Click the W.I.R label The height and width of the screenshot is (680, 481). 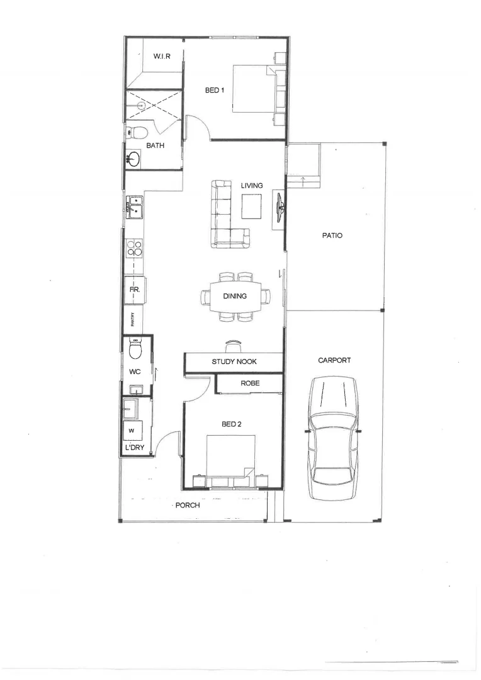click(x=162, y=57)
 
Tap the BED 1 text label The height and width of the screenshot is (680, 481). click(x=215, y=91)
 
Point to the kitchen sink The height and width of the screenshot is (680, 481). click(x=135, y=207)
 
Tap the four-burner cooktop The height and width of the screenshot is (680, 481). click(x=133, y=248)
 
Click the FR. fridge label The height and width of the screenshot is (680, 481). click(x=134, y=290)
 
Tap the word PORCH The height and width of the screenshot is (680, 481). click(x=187, y=505)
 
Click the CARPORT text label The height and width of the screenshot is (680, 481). click(x=334, y=361)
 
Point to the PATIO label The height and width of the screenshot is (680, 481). click(x=332, y=235)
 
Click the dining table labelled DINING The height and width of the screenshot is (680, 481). click(x=234, y=296)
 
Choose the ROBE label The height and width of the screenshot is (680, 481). click(x=249, y=383)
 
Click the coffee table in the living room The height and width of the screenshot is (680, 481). click(x=252, y=205)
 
